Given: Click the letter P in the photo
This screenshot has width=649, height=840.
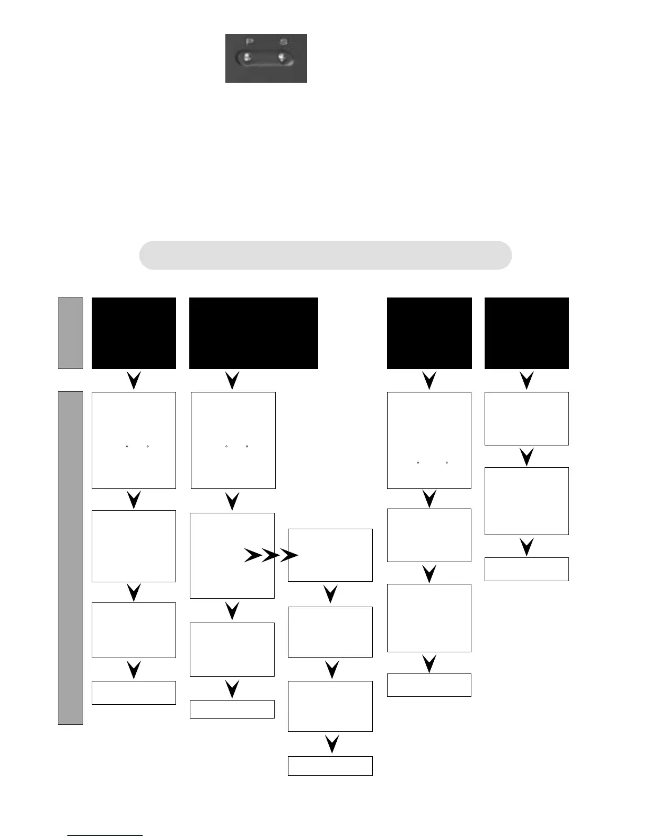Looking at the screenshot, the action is [x=249, y=42].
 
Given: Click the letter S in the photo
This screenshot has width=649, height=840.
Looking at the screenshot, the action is [x=284, y=42].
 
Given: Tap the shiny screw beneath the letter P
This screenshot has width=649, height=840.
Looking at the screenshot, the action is [x=247, y=57].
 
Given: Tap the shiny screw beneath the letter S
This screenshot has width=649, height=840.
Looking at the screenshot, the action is [x=282, y=57].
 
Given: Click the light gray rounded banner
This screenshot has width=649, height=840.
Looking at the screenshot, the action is [x=325, y=255].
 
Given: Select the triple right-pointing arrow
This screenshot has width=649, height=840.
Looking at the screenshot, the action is [x=271, y=556].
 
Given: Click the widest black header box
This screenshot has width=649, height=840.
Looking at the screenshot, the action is [x=253, y=333].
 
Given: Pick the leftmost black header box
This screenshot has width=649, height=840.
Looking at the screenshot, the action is [x=134, y=333].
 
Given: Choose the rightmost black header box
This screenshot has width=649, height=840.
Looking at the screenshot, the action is [x=527, y=333].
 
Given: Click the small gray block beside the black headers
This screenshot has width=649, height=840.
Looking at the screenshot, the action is [x=71, y=333].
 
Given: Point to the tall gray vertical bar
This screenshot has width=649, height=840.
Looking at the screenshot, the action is [x=71, y=558].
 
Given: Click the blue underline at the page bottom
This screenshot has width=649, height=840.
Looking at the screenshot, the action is [x=105, y=836].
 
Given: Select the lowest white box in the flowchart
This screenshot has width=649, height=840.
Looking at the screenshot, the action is [x=330, y=766].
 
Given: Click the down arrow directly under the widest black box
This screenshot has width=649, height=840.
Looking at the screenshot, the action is [x=232, y=380].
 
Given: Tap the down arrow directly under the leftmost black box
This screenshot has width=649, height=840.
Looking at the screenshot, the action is [x=134, y=380].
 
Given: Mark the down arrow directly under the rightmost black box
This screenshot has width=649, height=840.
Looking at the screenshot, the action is [x=527, y=380].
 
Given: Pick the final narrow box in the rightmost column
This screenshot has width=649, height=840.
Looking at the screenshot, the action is [x=527, y=569].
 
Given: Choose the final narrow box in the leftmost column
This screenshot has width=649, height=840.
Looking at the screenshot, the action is [x=134, y=693].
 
